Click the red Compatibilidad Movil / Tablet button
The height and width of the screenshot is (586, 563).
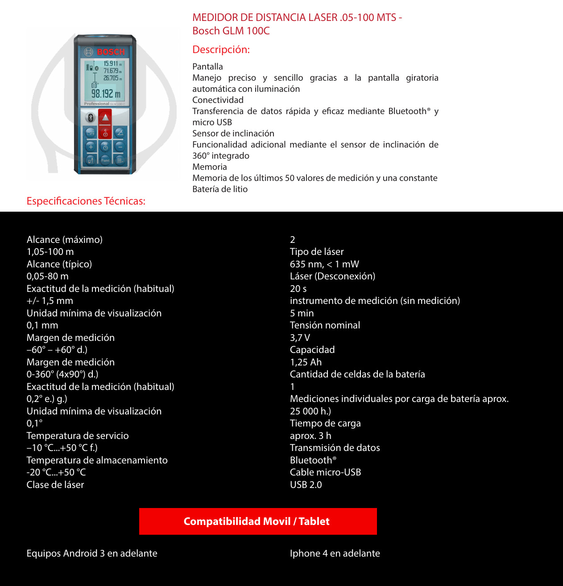coord(258,521)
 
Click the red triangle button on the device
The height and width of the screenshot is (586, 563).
coord(105,118)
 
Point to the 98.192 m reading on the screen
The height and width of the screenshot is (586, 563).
coord(106,94)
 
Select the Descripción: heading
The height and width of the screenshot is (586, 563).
coord(221,49)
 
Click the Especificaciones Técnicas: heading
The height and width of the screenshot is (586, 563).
coord(86,201)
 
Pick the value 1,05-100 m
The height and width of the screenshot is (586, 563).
coord(50,252)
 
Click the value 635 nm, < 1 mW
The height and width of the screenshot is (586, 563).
coord(324,264)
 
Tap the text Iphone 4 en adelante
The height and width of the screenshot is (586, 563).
coord(335,553)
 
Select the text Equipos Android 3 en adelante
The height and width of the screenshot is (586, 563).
coord(92,553)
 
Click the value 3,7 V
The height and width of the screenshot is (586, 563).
coord(300,338)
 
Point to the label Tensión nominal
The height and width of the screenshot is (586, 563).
coord(325,325)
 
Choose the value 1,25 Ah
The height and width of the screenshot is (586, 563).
coord(306,362)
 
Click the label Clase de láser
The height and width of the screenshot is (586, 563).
coord(55,485)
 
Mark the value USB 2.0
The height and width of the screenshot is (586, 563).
coord(306,485)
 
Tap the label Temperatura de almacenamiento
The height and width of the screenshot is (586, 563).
coord(97,460)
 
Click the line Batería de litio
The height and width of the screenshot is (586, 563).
coord(220,189)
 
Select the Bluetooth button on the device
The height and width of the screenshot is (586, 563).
coord(91,118)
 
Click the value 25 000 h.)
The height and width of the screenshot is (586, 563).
coord(310,411)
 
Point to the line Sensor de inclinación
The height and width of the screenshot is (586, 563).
coord(233,134)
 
